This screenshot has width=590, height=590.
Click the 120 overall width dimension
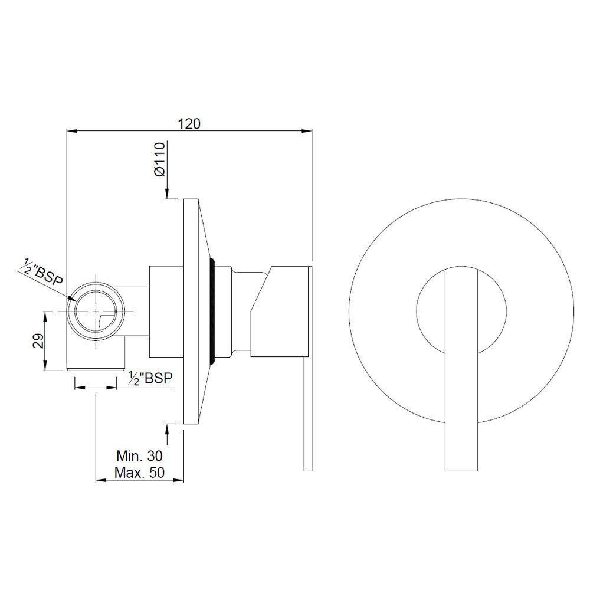pyautogui.click(x=190, y=123)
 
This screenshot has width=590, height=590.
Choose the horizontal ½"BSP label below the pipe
pyautogui.click(x=151, y=378)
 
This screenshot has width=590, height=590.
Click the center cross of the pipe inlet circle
pyautogui.click(x=95, y=311)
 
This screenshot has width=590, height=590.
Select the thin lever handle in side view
pyautogui.click(x=307, y=413)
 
